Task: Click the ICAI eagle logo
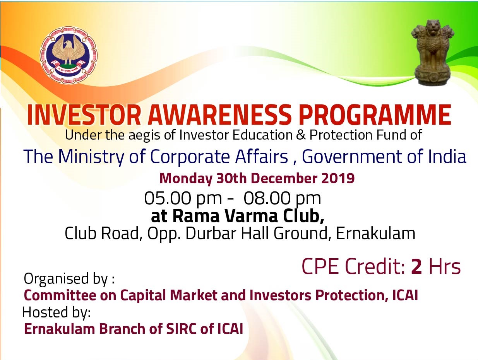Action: [x=69, y=55]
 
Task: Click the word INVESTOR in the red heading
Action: [x=84, y=115]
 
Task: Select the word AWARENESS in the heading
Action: [x=219, y=115]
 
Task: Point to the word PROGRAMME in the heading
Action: [x=375, y=115]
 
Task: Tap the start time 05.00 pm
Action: [x=183, y=199]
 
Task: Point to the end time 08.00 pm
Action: [x=282, y=199]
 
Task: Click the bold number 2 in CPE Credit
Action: [x=416, y=266]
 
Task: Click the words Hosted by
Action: [x=56, y=312]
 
